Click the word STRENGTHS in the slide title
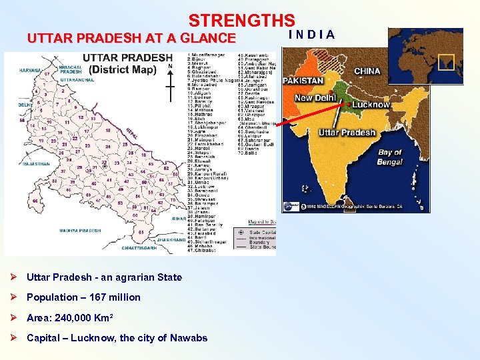point(241,21)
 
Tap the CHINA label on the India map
point(367,71)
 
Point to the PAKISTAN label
point(303,81)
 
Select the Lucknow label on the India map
point(371,105)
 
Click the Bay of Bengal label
point(390,157)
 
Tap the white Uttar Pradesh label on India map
point(347,133)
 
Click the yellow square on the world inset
point(446,61)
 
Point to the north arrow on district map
point(170,77)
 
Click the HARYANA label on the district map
point(30,70)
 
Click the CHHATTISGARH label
point(139,247)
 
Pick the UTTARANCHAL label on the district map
point(73,79)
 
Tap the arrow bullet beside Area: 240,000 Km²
point(15,317)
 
